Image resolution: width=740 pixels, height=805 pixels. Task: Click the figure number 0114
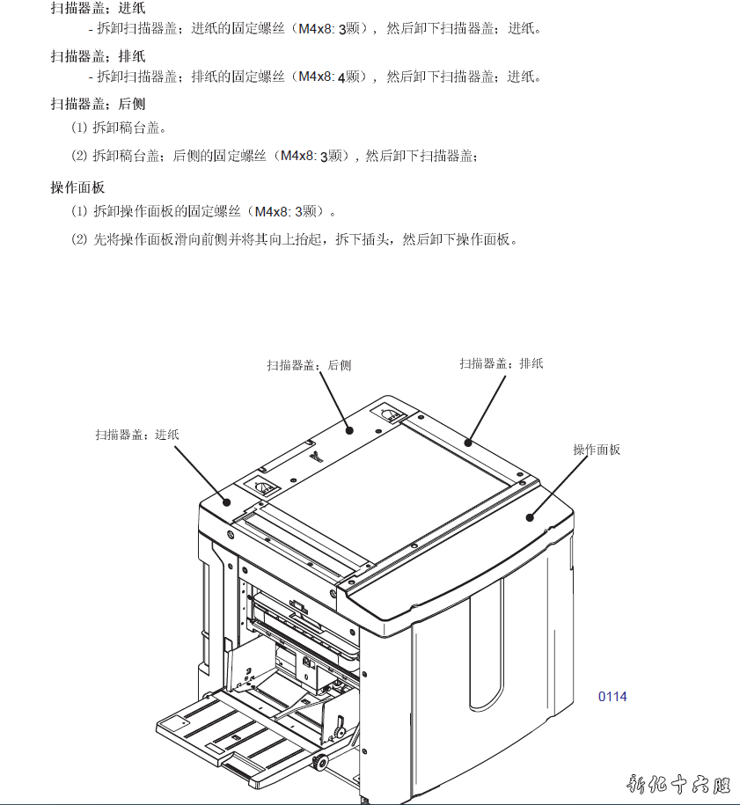pos(612,697)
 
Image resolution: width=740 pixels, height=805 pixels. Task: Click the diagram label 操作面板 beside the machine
pos(597,450)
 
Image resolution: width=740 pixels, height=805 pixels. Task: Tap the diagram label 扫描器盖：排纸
pos(502,363)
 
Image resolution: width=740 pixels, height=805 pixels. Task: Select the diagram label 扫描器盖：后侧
pos(309,365)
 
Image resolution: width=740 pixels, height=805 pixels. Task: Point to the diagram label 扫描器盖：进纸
pos(137,435)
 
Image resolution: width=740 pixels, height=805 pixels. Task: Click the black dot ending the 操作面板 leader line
pos(530,517)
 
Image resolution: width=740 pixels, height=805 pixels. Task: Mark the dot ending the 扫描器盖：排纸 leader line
pos(468,443)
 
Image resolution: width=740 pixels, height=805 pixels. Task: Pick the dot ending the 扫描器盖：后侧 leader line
pos(349,430)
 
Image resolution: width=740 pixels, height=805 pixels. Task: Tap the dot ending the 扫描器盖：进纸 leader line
pos(226,502)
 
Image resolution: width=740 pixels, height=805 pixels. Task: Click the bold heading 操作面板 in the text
pos(77,187)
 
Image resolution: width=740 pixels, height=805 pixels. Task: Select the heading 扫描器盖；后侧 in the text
pos(98,104)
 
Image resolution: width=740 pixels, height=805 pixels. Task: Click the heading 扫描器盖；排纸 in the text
pos(98,55)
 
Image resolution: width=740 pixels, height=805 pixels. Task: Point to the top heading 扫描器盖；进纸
pos(98,8)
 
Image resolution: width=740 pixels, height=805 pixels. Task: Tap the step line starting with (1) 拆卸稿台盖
pos(119,128)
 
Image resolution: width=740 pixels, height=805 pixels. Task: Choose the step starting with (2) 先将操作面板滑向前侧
pos(294,239)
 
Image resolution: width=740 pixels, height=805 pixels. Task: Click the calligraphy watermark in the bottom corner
pos(678,785)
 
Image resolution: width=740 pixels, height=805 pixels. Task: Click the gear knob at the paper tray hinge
pos(320,762)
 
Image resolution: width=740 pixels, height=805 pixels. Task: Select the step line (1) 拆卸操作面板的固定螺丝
pos(203,211)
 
